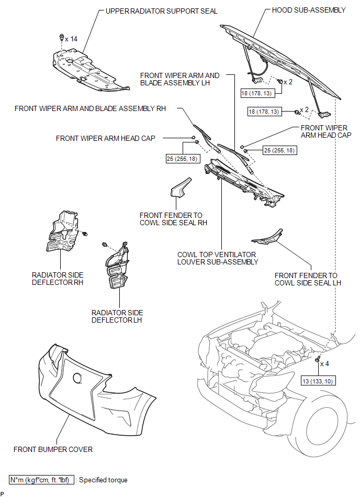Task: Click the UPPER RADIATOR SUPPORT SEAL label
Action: point(162,11)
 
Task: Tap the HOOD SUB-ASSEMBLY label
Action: point(309,10)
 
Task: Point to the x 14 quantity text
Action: point(71,39)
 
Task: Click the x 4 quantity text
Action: point(324,364)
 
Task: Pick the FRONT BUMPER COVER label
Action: point(53,449)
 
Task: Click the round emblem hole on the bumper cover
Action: point(77,378)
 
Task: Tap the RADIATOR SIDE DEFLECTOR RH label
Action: point(58,279)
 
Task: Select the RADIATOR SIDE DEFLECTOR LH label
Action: point(117,316)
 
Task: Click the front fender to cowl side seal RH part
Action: point(181,187)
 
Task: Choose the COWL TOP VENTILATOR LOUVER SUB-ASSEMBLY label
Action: point(218,258)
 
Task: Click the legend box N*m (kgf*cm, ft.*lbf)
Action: point(41,480)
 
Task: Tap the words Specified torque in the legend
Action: point(103,480)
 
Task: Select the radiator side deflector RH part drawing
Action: point(63,231)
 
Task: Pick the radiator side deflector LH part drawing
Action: point(117,266)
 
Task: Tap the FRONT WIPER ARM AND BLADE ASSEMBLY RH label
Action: point(90,108)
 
